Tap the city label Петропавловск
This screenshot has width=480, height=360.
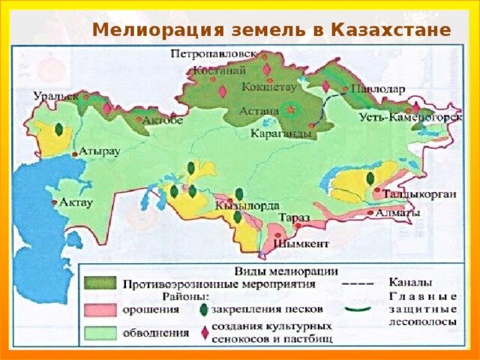(x=214, y=55)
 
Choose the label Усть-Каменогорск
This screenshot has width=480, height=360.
(x=407, y=118)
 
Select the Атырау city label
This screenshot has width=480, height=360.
(x=100, y=151)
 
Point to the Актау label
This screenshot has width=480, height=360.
(x=74, y=202)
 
